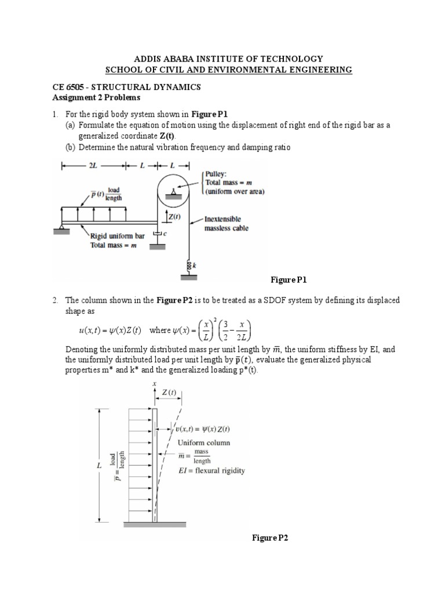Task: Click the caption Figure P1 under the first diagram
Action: pos(289,280)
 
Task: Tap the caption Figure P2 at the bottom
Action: pos(270,538)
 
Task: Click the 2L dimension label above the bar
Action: pos(93,166)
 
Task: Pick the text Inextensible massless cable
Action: pos(226,224)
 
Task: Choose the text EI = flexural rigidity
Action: pos(211,470)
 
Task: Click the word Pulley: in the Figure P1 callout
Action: pos(217,173)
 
